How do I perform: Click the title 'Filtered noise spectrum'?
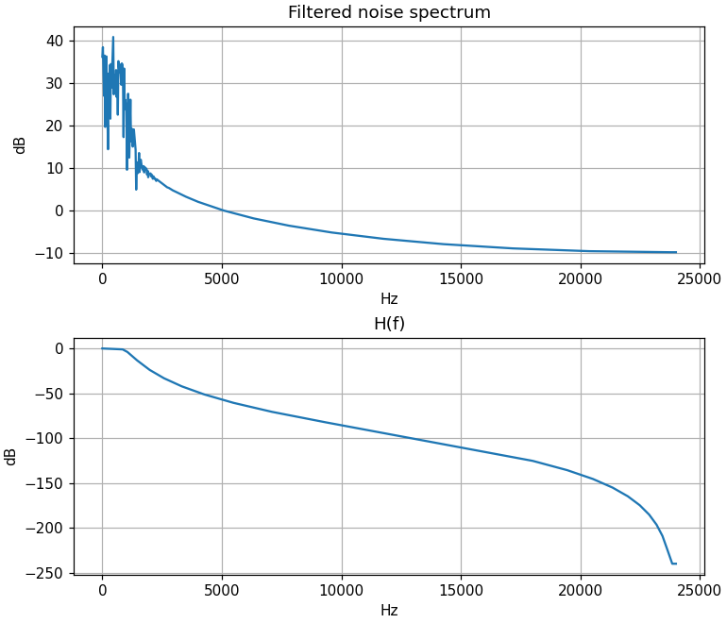[389, 13]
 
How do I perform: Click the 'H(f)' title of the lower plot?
[389, 324]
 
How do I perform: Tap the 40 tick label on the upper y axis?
[56, 41]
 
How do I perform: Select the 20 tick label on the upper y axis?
[56, 126]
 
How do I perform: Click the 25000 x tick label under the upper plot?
[700, 278]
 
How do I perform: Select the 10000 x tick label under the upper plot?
[341, 278]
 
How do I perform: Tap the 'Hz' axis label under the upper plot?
[389, 299]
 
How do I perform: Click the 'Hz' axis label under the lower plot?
[389, 611]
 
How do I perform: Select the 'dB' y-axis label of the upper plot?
[20, 144]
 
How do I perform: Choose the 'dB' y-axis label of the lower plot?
[11, 456]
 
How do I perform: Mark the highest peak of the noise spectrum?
[113, 38]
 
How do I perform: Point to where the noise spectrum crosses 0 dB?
[223, 210]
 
